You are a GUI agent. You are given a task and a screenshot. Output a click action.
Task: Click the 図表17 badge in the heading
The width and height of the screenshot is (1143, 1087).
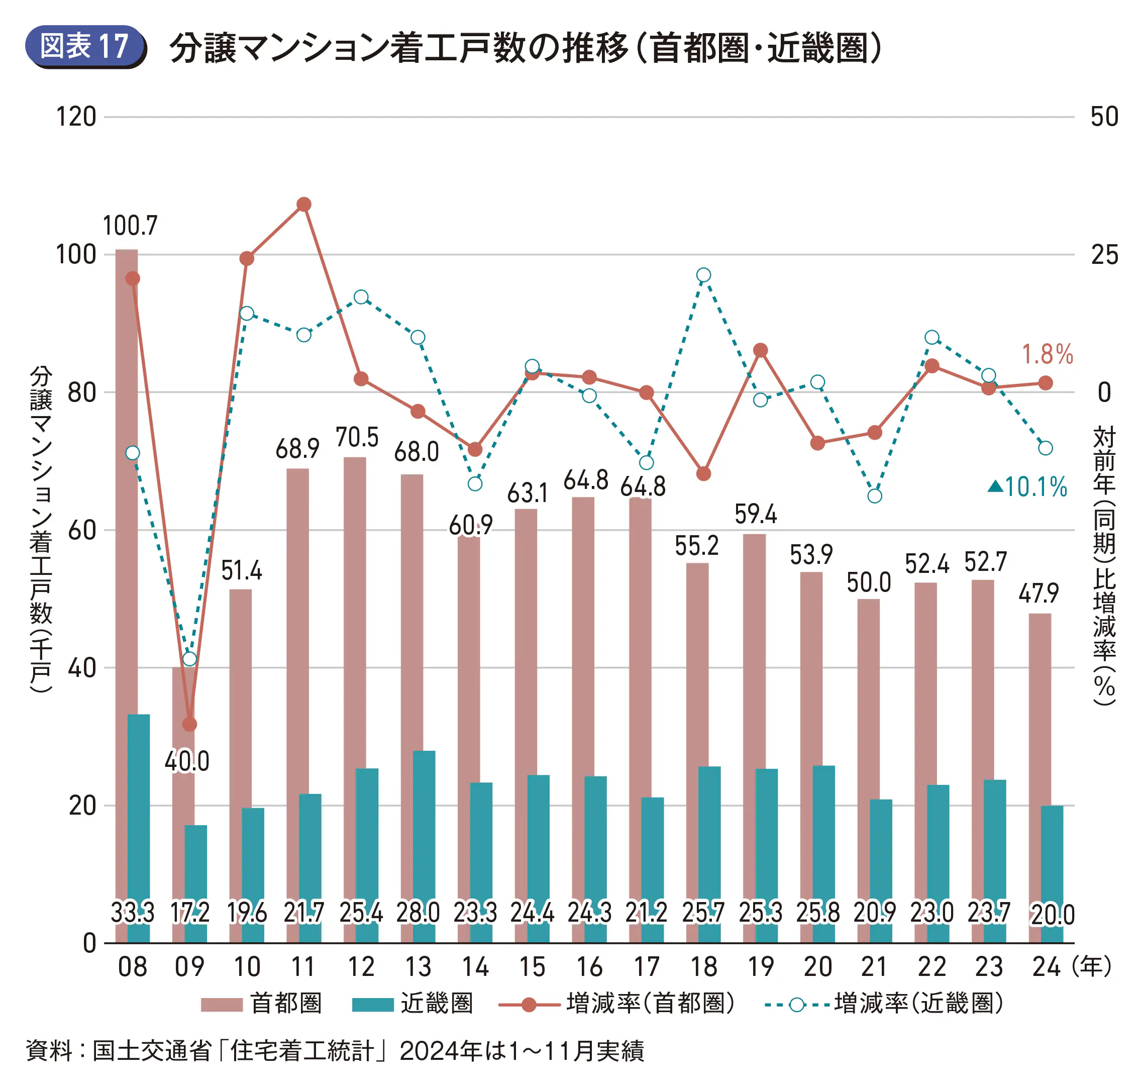(x=84, y=46)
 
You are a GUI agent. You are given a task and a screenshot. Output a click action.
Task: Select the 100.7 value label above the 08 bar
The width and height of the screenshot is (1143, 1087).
(x=130, y=226)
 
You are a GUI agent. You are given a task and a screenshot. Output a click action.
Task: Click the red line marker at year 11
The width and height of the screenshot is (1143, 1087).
(x=303, y=205)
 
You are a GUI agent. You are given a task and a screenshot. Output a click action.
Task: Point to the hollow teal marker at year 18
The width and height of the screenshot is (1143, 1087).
(x=703, y=275)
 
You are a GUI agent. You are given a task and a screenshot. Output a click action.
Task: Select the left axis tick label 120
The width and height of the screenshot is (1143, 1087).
(x=76, y=117)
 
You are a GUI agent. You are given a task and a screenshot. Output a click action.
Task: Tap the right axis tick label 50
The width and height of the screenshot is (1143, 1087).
(x=1104, y=117)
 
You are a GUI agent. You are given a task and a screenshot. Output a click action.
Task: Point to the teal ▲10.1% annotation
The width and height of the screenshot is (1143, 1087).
(x=1027, y=487)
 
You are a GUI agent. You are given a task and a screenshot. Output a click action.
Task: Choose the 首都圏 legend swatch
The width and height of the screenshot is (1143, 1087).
(x=221, y=1004)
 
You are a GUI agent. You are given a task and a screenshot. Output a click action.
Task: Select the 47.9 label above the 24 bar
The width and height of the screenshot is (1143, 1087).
(x=1038, y=594)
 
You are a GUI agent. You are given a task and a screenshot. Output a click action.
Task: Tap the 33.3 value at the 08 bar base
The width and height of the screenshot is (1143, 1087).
(x=133, y=913)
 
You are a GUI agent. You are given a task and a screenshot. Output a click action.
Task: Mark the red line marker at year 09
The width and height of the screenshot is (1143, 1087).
(x=189, y=724)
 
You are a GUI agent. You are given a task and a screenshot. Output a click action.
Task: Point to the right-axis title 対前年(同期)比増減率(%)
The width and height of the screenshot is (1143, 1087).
(x=1104, y=565)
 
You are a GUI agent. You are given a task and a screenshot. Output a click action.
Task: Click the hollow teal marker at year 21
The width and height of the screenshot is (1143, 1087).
(x=875, y=496)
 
